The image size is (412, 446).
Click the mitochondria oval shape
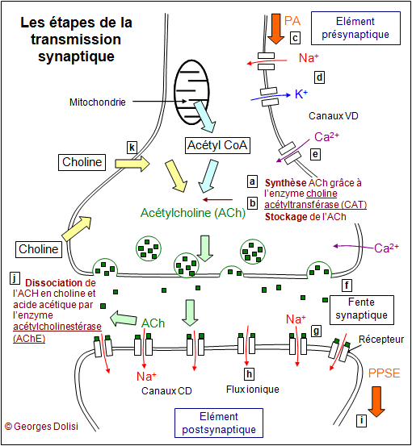coord(175,93)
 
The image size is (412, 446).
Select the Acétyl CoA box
coord(217,146)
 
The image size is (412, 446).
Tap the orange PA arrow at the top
coord(275,29)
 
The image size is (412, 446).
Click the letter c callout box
coord(295,38)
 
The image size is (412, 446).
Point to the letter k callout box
coord(132,148)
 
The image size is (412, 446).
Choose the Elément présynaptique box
coord(355,28)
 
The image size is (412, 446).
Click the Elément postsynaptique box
coord(219,423)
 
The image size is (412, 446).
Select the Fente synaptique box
coord(362,310)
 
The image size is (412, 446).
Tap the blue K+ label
coord(301,94)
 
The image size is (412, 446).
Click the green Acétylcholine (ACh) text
coord(193,213)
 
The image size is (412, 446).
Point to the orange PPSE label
coord(384,373)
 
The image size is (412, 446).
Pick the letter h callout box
coord(250,373)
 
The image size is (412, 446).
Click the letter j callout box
coord(15,278)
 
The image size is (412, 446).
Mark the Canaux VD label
coord(334,116)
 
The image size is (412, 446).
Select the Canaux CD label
coord(166,391)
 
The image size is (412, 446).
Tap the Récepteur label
coord(381,340)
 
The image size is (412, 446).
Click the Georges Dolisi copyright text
coord(41,427)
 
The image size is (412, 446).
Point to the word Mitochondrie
coord(98,102)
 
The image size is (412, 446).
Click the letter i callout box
coord(362,420)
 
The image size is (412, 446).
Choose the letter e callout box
coord(315,154)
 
